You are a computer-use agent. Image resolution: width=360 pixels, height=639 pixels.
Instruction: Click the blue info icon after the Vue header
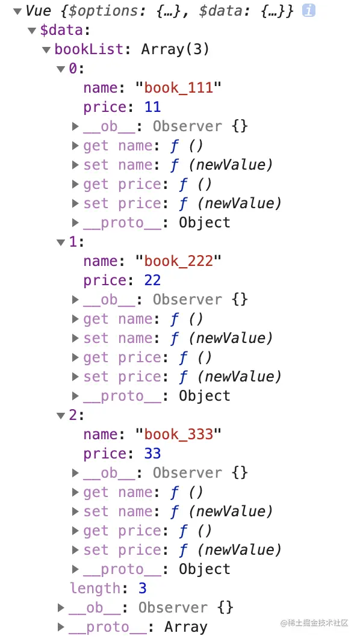click(x=309, y=11)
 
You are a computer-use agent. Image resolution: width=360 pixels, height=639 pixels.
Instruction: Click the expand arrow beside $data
click(x=33, y=31)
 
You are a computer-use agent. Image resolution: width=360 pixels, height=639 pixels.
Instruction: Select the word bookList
click(x=89, y=49)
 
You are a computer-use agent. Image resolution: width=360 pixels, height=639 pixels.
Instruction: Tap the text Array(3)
click(x=175, y=50)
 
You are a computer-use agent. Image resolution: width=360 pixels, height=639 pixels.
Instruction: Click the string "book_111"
click(x=179, y=88)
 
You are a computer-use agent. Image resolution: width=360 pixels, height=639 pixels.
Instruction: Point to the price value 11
click(x=152, y=107)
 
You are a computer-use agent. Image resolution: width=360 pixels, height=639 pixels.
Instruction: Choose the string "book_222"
click(x=179, y=261)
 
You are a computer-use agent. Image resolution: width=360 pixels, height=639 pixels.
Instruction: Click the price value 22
click(x=152, y=280)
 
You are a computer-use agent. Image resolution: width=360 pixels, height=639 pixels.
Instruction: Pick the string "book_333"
click(x=179, y=434)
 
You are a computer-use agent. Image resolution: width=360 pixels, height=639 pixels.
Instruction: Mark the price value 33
click(x=152, y=454)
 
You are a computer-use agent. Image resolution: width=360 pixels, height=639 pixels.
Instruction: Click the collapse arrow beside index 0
click(x=61, y=69)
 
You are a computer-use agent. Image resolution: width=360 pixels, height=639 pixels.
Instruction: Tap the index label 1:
click(x=76, y=242)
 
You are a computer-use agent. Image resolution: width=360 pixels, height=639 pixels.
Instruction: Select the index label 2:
click(x=76, y=415)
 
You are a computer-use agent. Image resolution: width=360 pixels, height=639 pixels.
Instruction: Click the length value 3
click(x=142, y=588)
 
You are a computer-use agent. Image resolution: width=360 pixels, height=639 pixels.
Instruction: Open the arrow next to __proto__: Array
click(x=61, y=627)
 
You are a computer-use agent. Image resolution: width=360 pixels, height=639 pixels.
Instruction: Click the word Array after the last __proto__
click(x=186, y=627)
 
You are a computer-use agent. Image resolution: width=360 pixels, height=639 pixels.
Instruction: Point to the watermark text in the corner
click(x=314, y=623)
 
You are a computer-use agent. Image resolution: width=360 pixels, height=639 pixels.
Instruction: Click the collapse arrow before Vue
click(x=17, y=11)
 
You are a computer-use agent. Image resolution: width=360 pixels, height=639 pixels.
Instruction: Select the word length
click(x=95, y=588)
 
